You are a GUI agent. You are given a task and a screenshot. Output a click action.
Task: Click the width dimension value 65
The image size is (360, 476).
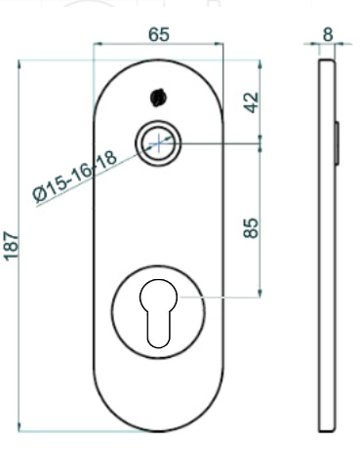159,34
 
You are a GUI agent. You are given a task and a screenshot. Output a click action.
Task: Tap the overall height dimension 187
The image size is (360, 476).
11,246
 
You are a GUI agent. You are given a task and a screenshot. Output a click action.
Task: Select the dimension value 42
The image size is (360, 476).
252,102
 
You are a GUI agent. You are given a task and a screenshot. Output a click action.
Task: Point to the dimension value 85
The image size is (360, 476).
251,228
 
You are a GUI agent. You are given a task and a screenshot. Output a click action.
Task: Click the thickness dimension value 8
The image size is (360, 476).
328,34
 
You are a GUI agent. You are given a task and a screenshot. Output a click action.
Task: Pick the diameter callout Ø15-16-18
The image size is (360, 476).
74,176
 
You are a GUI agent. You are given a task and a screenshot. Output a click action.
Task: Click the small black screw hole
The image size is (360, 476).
158,98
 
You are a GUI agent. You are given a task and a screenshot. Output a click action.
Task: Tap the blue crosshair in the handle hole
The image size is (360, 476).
158,143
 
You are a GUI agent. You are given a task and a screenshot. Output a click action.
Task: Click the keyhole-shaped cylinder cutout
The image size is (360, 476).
159,313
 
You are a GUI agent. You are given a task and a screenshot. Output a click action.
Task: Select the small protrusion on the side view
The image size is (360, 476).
338,142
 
